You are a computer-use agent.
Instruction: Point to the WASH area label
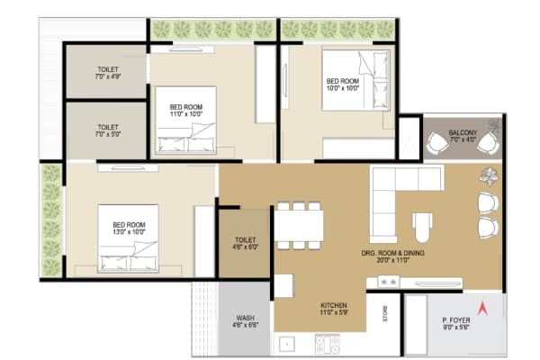tap(245, 319)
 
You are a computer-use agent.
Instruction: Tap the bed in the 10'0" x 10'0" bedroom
tap(355, 78)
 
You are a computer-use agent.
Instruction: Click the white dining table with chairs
tap(298, 225)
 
